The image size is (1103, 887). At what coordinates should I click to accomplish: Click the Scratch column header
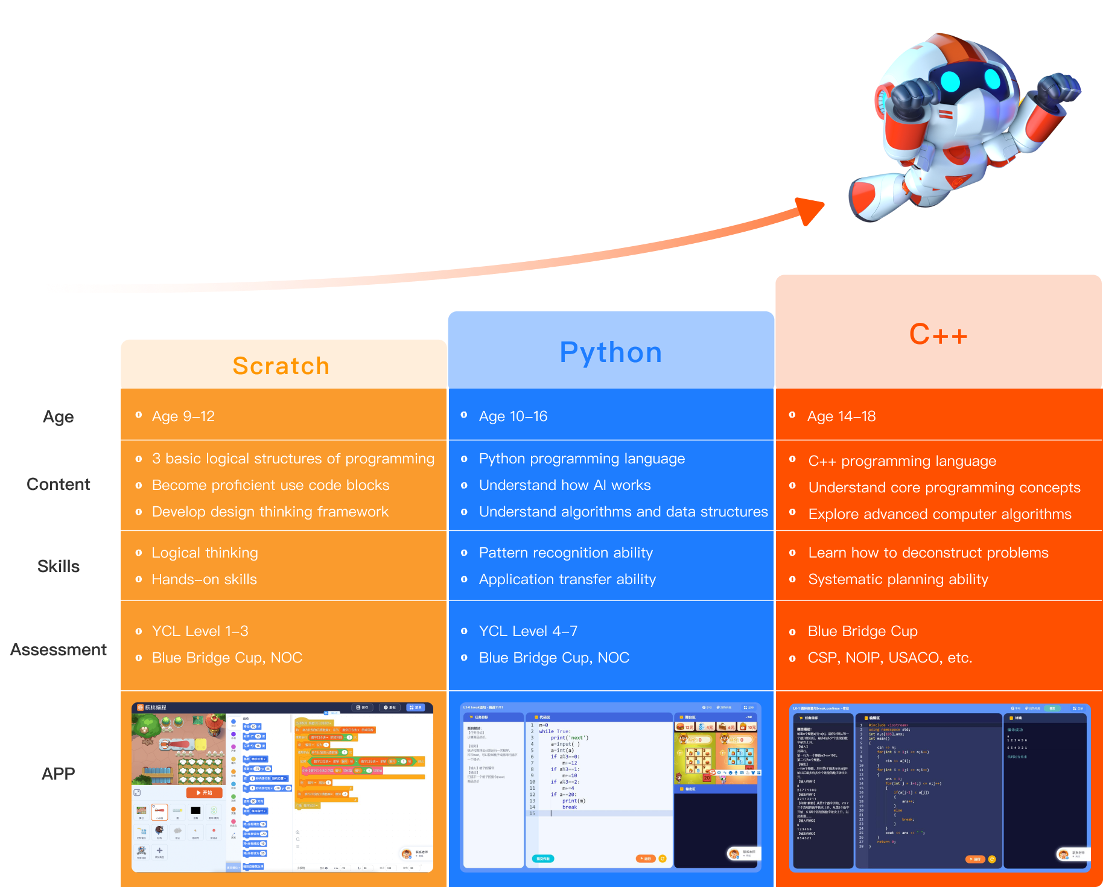click(281, 366)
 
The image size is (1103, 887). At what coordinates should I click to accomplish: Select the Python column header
click(611, 352)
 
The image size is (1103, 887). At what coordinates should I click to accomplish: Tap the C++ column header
click(938, 334)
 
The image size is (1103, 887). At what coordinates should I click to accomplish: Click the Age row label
click(59, 416)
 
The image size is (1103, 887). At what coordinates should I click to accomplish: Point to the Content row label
click(59, 485)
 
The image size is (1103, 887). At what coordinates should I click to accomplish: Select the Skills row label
click(59, 567)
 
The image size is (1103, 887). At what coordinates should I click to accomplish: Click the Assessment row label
click(59, 650)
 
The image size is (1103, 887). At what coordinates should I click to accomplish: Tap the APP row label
click(59, 774)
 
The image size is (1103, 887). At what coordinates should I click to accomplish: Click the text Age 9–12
click(183, 416)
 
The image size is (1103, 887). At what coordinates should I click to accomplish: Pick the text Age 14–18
click(841, 416)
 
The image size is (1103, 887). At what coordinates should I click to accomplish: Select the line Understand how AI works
click(565, 485)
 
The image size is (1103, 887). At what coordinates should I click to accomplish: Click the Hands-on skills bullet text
click(204, 579)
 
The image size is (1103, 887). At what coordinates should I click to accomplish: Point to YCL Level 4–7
click(528, 631)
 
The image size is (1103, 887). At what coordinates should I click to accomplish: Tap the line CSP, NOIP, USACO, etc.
click(890, 658)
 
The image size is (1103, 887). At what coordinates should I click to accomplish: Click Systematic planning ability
click(898, 579)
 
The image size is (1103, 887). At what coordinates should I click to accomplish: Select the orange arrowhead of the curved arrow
click(810, 211)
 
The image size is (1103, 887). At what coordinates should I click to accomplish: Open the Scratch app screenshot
click(282, 787)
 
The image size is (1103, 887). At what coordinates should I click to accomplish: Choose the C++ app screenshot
click(939, 787)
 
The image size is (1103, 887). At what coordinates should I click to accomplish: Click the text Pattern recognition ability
click(566, 553)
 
